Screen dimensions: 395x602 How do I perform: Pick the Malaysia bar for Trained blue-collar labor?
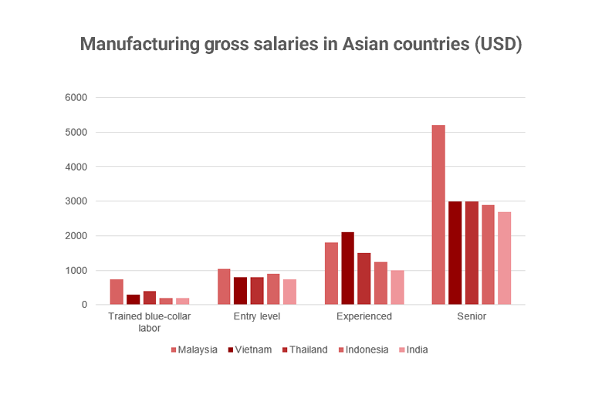(117, 292)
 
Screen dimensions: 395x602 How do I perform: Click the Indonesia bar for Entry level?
(273, 289)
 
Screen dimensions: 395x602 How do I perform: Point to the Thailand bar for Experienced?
(364, 279)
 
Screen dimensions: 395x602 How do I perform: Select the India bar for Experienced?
(397, 288)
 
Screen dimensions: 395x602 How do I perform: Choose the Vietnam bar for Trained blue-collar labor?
(134, 299)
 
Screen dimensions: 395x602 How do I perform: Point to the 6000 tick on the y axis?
(77, 98)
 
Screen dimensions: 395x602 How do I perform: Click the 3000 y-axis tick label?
(77, 201)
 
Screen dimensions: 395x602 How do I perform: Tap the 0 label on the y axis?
(85, 305)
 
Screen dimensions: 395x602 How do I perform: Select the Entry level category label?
(257, 316)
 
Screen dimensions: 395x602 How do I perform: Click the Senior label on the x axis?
(471, 316)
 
